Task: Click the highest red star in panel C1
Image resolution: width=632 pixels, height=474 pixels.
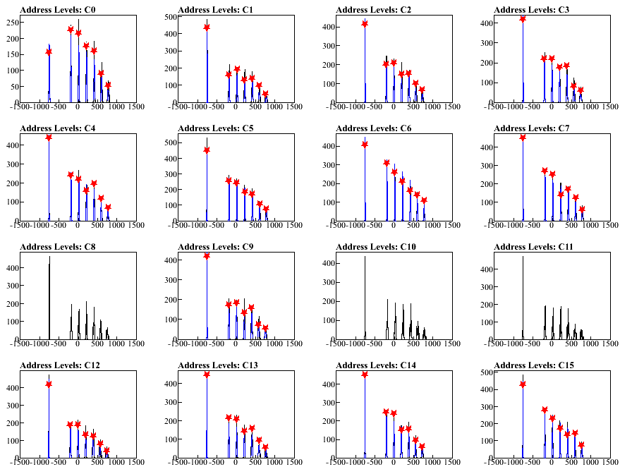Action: click(207, 27)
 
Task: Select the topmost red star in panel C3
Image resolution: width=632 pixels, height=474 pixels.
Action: click(523, 18)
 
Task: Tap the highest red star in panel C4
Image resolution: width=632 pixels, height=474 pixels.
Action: click(49, 137)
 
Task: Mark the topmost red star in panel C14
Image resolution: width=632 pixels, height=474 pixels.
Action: click(365, 374)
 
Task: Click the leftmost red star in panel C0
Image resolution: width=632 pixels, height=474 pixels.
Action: click(49, 51)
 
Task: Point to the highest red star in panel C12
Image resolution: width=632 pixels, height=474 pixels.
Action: click(49, 384)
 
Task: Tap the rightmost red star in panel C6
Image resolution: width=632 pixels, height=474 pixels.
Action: click(424, 200)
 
